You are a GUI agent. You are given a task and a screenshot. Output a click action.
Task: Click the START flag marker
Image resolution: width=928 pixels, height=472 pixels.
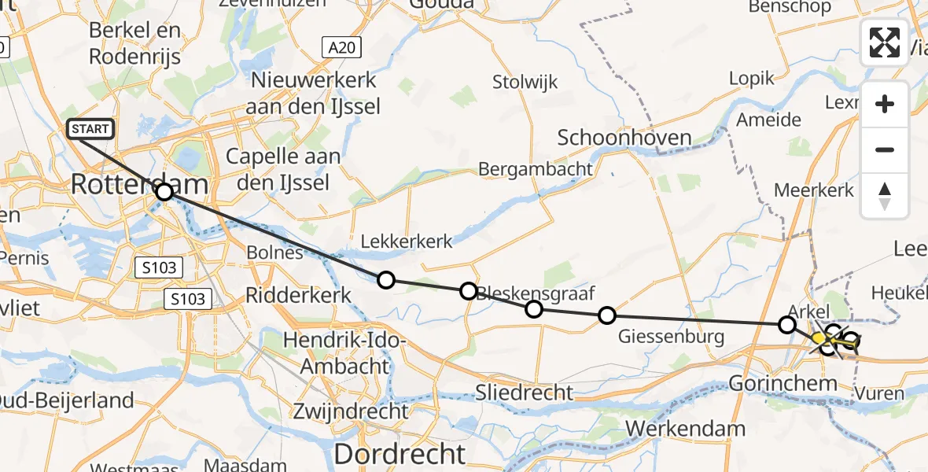point(92,128)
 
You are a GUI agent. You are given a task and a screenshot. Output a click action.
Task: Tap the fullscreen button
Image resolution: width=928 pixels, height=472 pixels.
point(885,42)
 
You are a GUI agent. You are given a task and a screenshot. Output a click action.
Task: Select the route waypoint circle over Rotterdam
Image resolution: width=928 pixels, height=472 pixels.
point(164,192)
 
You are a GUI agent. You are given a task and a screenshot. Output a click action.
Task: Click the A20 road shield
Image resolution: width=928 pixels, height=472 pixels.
point(343,48)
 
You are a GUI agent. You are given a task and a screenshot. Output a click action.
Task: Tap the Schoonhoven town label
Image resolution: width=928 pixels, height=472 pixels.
point(624,138)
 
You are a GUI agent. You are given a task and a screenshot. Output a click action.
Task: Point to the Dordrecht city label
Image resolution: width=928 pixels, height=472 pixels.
point(400,454)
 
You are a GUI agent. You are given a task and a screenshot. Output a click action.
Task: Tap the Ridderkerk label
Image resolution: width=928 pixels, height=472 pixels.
point(292,295)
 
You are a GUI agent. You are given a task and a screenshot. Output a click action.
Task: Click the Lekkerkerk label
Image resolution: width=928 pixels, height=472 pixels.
point(407,242)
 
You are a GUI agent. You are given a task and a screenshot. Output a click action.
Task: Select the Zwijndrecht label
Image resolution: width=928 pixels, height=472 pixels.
point(350,411)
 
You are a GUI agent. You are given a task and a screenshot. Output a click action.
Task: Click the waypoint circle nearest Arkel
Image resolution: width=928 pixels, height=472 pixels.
point(786,324)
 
